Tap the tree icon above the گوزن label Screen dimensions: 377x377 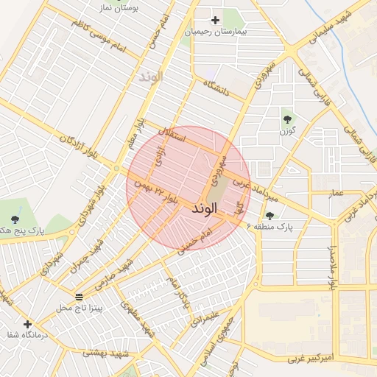(x=286, y=119)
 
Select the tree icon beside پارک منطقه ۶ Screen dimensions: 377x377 (x=269, y=216)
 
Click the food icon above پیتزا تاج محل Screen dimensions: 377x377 (x=80, y=297)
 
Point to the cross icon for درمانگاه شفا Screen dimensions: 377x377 (x=27, y=324)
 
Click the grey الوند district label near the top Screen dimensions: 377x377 (x=150, y=76)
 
